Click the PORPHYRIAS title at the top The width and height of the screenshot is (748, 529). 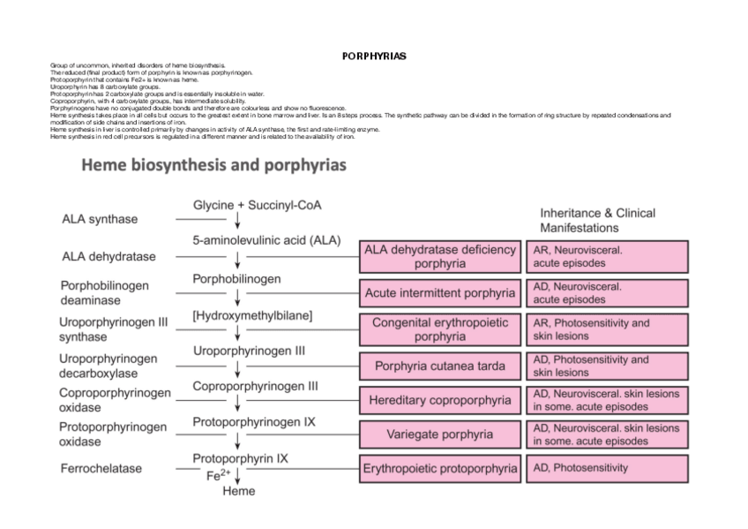(373, 56)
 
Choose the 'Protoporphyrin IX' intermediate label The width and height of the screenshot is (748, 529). (241, 459)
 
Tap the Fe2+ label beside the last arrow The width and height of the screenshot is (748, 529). (218, 475)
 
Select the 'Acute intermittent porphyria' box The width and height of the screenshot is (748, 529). (439, 292)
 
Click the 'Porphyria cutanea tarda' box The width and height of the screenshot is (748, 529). (439, 366)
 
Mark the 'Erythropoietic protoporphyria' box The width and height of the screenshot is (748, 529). (439, 468)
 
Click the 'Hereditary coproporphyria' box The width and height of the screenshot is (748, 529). (439, 400)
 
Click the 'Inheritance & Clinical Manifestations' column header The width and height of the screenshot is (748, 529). (597, 220)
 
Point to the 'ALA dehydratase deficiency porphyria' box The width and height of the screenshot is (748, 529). (439, 256)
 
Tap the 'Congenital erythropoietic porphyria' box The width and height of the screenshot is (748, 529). (439, 329)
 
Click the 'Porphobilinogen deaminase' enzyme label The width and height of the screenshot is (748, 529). (104, 292)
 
